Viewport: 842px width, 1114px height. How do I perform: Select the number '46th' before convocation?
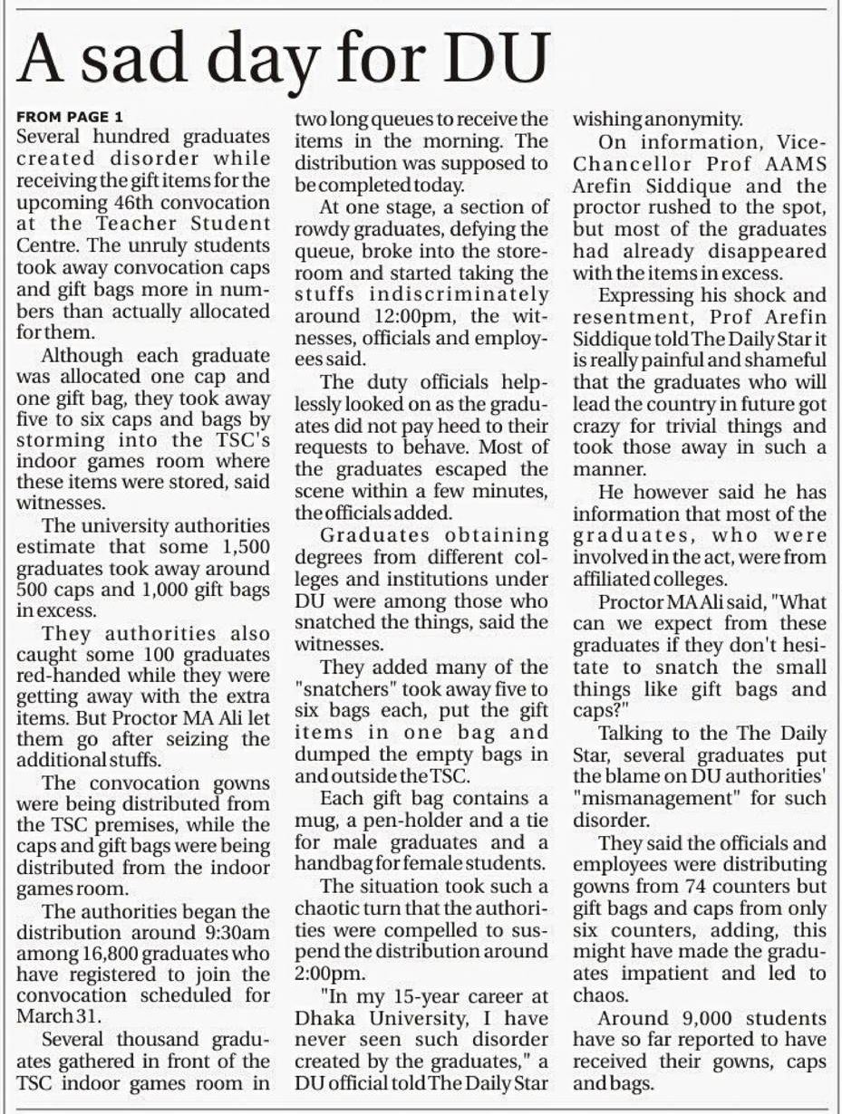pos(134,202)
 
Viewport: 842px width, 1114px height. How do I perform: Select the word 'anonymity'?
pos(691,119)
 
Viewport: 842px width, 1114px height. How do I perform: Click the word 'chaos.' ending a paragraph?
pos(597,994)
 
